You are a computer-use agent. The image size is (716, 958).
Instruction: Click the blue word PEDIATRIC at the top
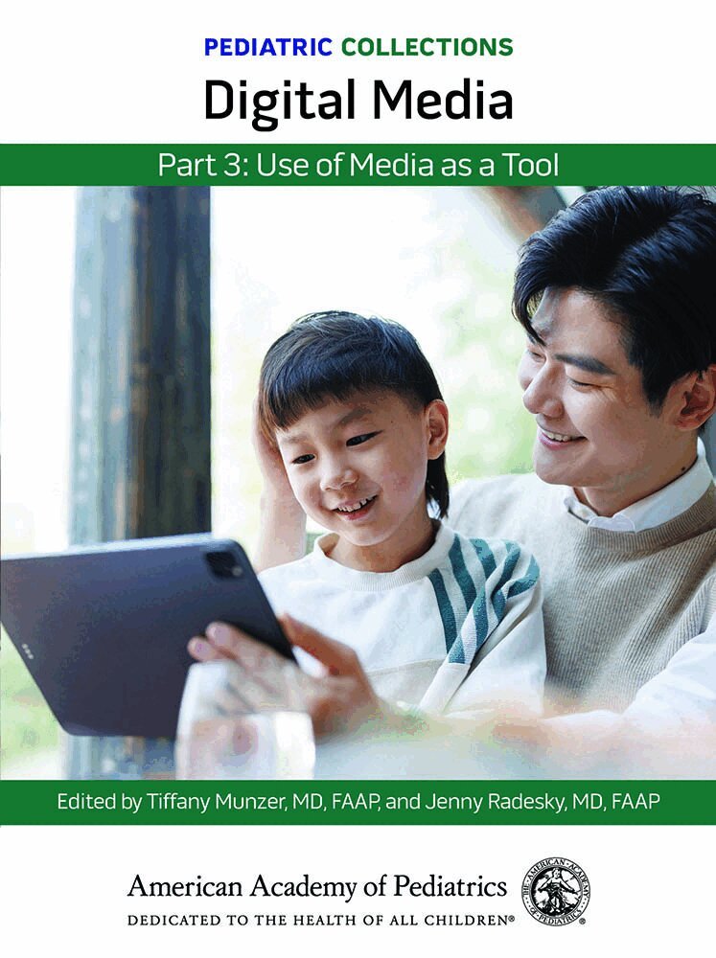[268, 47]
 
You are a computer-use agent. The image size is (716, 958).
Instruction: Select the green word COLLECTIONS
[427, 47]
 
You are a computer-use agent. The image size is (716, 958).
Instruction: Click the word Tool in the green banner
[531, 165]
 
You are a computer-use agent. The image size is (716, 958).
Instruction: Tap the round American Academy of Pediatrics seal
[556, 891]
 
